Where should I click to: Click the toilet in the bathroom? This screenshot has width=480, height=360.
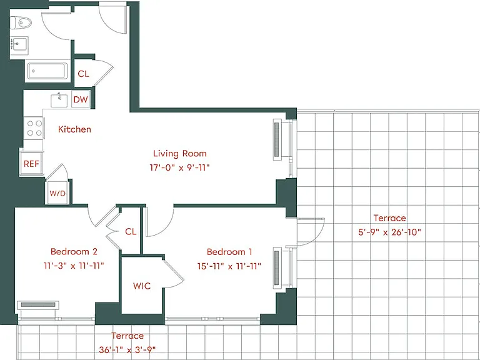point(21,23)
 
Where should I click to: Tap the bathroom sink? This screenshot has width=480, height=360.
point(19,46)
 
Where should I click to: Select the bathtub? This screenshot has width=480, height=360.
point(47,71)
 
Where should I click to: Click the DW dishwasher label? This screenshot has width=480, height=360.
point(81,99)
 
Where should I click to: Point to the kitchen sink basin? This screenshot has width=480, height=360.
point(59,101)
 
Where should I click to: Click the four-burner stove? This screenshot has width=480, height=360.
point(34,128)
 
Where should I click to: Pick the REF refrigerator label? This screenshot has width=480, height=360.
point(31,164)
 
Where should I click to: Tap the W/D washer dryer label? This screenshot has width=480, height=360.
point(57,194)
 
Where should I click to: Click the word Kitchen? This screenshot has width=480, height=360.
point(75,129)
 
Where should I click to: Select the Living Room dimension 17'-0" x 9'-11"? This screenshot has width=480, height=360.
point(180,167)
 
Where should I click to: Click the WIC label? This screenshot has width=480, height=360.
point(142,286)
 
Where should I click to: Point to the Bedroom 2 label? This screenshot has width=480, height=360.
point(74,252)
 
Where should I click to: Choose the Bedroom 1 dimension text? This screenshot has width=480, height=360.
point(229,266)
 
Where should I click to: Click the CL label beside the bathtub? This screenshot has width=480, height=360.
point(83,74)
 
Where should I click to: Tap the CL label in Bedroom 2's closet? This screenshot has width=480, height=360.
point(131,231)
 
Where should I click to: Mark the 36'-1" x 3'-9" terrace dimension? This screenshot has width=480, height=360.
point(127,349)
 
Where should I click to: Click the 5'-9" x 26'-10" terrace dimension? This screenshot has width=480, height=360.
point(390,232)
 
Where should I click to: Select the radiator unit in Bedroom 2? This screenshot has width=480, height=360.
point(38,305)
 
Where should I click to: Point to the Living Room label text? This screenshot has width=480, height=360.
point(180,153)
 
